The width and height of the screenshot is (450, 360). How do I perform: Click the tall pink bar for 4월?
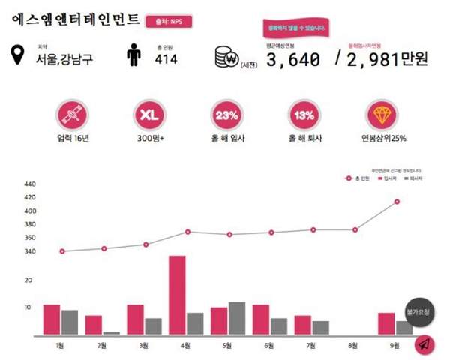point(177,295)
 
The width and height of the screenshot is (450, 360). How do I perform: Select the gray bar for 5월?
point(237,318)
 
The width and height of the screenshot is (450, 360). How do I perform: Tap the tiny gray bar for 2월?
point(112,332)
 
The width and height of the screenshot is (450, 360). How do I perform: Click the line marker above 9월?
point(396,202)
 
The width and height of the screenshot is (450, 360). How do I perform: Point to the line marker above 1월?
point(62,251)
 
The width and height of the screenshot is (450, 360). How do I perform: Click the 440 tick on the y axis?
point(30,184)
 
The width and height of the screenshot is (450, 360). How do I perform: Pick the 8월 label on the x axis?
point(353,345)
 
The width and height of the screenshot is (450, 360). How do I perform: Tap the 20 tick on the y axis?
point(28,280)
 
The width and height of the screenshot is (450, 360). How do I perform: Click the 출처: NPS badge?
point(169,21)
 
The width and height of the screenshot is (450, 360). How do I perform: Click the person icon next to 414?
point(134,55)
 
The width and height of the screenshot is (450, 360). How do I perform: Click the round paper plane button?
point(424,344)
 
